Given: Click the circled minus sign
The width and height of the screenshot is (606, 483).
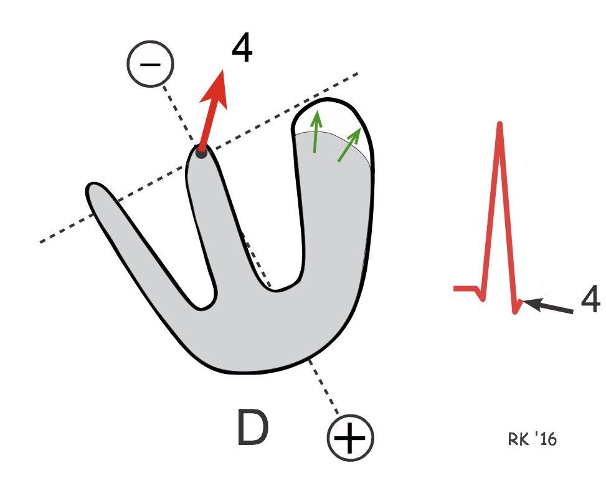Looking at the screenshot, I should (150, 64).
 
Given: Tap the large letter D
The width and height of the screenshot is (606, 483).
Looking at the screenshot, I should (253, 428).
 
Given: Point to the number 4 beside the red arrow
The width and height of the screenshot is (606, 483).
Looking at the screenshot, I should (242, 49).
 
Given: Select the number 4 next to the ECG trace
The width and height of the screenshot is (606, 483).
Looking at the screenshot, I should (591, 302).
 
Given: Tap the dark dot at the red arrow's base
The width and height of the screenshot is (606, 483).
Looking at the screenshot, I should (201, 152).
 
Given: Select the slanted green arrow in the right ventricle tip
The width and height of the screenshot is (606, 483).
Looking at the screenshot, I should (350, 145).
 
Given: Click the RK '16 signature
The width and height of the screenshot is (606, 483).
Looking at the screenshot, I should (532, 439).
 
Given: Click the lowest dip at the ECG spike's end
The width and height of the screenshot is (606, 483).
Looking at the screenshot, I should (515, 312).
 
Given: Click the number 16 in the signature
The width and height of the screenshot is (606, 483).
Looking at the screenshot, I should (549, 439).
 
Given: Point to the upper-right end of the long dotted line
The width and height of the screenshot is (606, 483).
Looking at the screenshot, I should (357, 74).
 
